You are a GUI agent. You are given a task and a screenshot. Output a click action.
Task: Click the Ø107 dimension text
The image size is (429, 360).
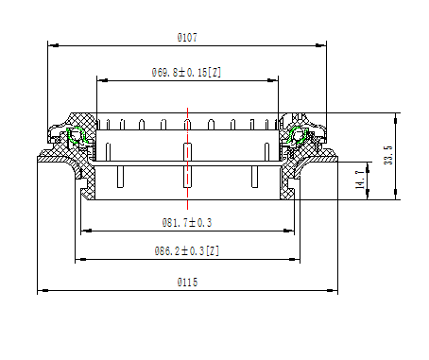point(187,37)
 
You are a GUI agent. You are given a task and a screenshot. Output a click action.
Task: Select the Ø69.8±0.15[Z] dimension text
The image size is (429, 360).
point(186,72)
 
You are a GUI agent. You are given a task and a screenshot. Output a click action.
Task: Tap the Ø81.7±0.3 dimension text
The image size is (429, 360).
point(187,223)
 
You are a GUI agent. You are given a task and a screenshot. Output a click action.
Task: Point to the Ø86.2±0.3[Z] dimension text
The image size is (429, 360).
point(187,252)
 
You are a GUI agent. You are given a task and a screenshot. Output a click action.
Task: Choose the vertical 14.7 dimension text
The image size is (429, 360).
point(359,180)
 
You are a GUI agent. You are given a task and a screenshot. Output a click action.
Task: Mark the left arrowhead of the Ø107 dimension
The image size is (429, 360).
point(50,44)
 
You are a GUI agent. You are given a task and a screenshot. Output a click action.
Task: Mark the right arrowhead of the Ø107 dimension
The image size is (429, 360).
point(323,44)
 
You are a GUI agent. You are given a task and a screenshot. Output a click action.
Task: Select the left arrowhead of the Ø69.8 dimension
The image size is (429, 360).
point(98,80)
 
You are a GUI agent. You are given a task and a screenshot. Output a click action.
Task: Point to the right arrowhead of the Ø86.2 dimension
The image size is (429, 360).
point(298,260)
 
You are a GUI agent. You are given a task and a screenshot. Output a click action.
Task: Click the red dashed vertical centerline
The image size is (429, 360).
point(188,161)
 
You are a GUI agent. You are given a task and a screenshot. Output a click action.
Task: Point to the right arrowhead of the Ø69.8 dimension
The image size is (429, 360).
point(277,80)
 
